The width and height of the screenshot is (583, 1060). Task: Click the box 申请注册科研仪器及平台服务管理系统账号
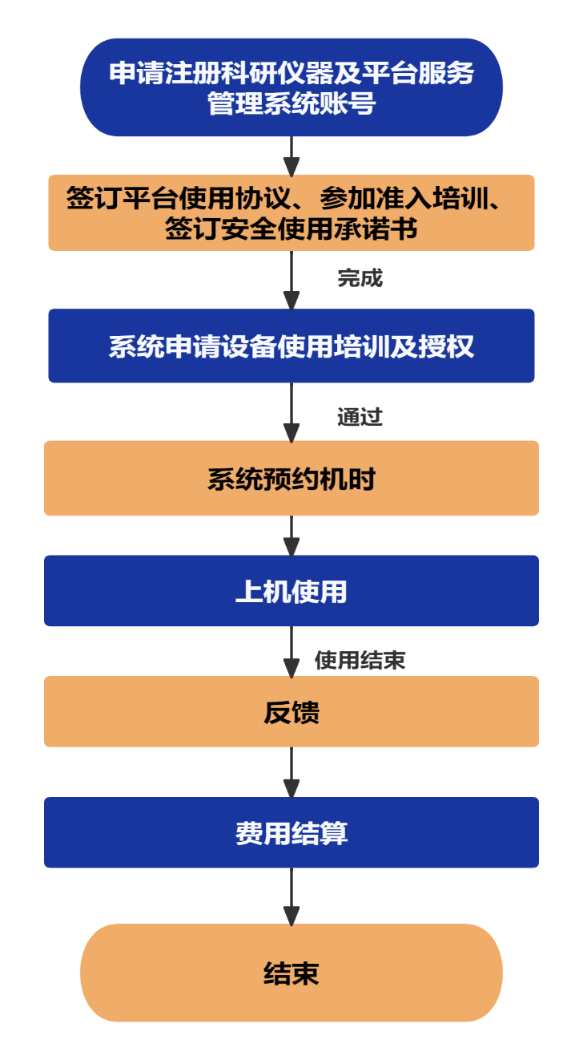point(291,87)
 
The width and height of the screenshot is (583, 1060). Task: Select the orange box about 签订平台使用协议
point(291,212)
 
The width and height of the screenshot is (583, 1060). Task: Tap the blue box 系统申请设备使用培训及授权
point(291,346)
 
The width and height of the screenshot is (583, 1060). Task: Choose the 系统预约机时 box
point(291,478)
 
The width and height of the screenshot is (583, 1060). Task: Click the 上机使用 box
point(291,591)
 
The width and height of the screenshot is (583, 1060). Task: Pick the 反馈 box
point(291,712)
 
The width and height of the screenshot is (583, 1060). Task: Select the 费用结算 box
point(291,832)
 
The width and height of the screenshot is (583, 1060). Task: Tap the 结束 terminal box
point(291,973)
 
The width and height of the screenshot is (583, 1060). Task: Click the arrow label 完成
point(360,278)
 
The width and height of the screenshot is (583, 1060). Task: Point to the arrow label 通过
point(360,417)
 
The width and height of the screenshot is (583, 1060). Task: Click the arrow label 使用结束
point(360,660)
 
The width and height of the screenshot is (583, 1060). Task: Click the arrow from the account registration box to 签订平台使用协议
point(291,156)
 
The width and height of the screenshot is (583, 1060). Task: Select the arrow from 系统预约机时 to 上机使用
point(291,536)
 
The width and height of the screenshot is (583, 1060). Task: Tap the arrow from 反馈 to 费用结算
point(291,772)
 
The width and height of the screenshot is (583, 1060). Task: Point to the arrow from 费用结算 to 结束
point(291,896)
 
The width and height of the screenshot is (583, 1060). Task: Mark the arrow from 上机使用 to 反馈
point(291,651)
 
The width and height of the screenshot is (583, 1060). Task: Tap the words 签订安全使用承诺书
point(291,229)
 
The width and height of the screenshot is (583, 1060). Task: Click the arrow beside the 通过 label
point(291,411)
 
